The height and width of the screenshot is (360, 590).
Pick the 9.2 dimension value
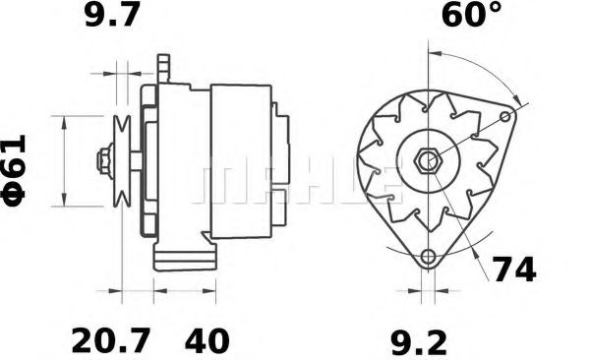click(x=420, y=341)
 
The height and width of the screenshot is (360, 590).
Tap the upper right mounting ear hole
click(x=506, y=117)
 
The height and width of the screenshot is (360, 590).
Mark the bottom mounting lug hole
click(x=428, y=258)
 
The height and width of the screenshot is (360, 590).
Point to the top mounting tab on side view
click(x=163, y=69)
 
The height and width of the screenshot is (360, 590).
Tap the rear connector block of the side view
click(x=282, y=157)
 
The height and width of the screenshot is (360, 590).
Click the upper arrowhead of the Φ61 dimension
click(x=65, y=121)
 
